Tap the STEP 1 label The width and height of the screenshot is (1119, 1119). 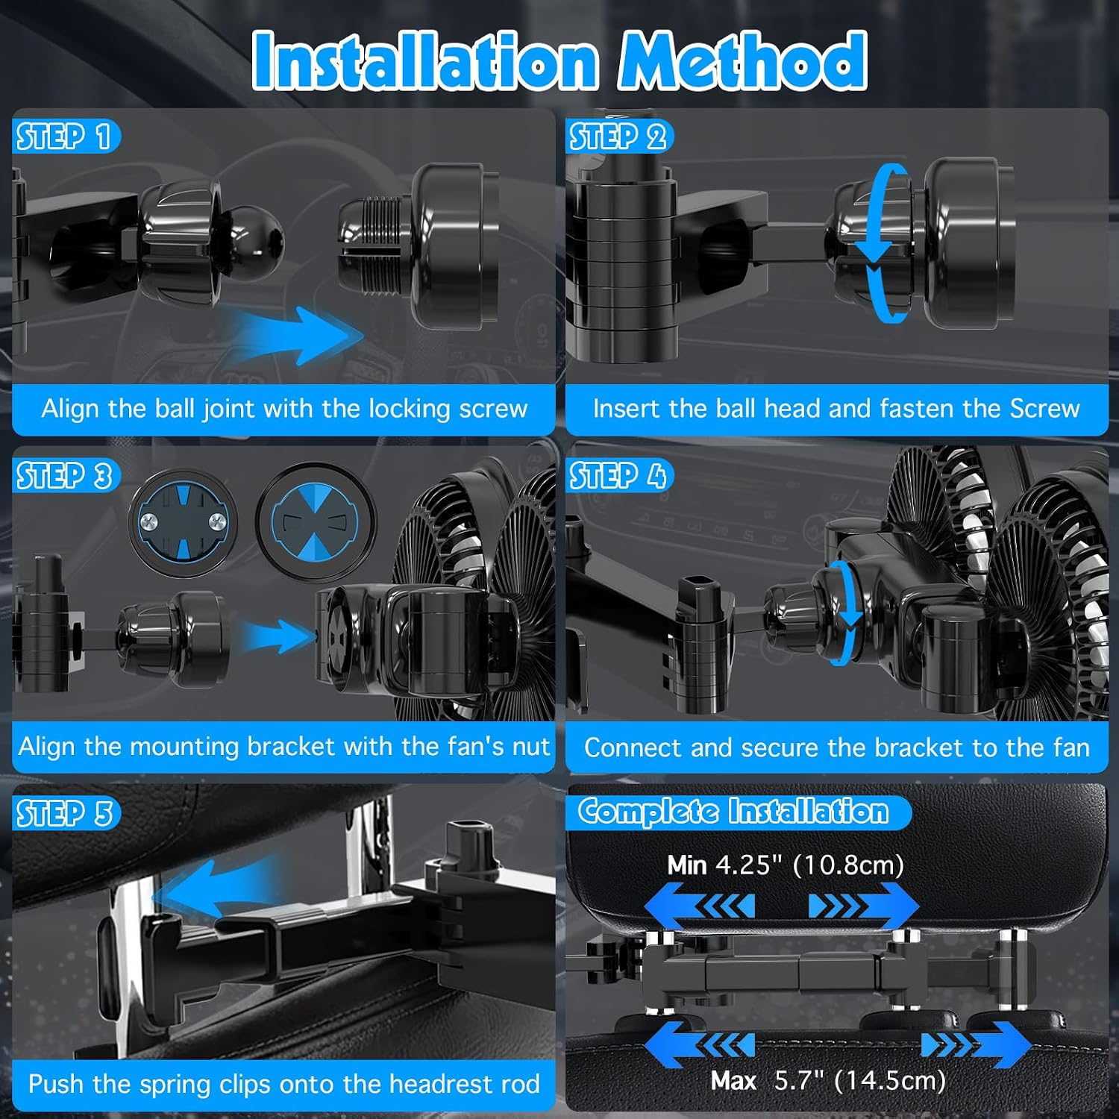[64, 137]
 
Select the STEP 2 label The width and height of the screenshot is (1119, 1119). [618, 137]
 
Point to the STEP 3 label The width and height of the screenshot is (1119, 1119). [65, 476]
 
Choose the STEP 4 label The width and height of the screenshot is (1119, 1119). [618, 476]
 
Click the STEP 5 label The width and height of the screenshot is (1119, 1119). [65, 813]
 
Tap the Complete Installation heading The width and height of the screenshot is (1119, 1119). [734, 812]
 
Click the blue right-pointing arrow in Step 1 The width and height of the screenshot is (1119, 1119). [298, 335]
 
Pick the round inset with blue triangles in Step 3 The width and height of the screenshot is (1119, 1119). [316, 522]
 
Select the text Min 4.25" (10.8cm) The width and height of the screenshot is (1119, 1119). [786, 865]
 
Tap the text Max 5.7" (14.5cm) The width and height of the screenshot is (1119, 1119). [828, 1080]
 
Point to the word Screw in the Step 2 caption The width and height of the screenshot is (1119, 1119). [1044, 409]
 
